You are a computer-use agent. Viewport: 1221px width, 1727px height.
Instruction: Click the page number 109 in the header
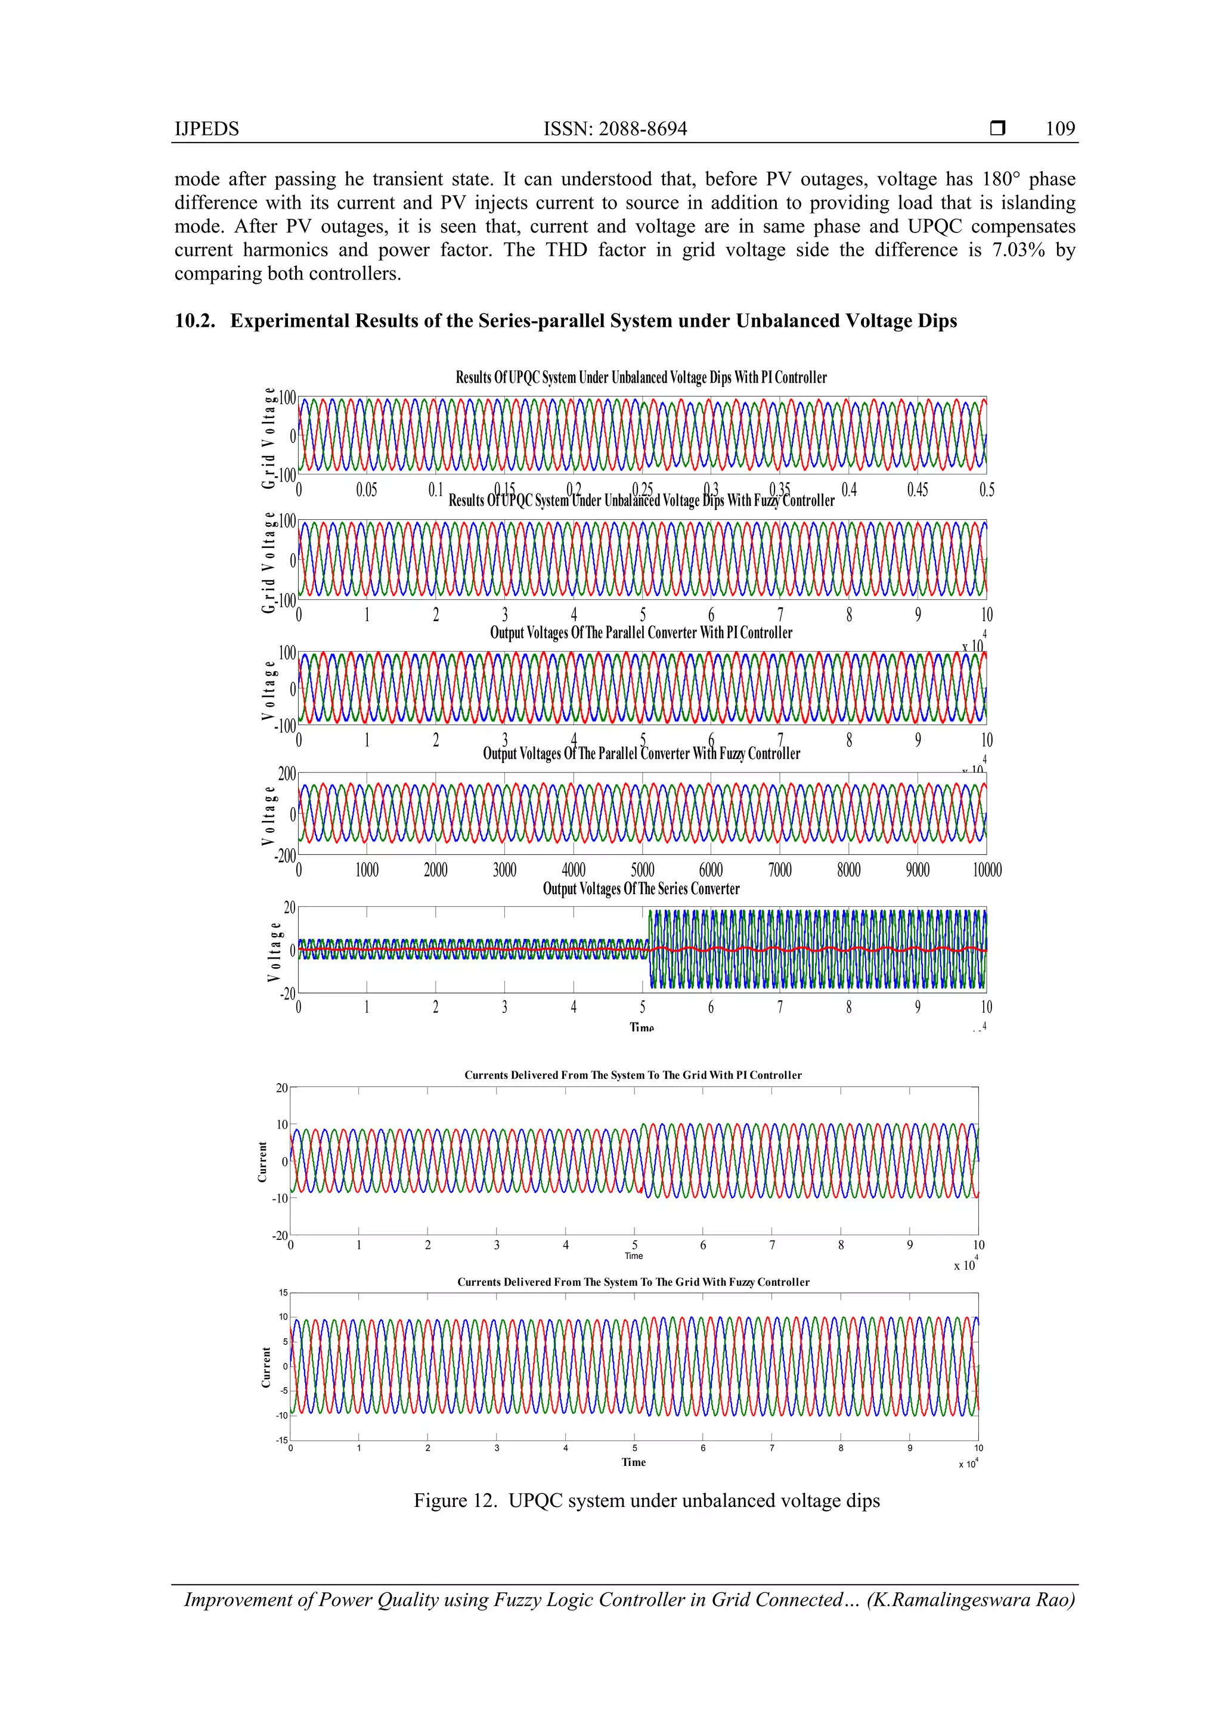[x=1060, y=129]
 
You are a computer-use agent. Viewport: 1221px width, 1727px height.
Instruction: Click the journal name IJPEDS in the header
[x=206, y=129]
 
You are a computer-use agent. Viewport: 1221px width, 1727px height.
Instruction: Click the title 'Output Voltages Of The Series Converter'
[x=641, y=888]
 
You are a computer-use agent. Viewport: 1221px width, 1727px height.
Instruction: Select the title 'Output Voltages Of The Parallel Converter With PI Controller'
[x=641, y=632]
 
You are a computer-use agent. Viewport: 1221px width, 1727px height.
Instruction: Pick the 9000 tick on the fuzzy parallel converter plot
[x=917, y=870]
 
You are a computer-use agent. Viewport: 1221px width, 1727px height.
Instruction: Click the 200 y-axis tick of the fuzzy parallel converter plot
[x=287, y=774]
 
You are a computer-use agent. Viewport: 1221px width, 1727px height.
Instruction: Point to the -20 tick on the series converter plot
[x=287, y=994]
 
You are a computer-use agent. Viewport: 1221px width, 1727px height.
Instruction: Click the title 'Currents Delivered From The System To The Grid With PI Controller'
[x=633, y=1075]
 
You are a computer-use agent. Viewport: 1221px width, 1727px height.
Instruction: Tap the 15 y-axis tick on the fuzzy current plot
[x=283, y=1292]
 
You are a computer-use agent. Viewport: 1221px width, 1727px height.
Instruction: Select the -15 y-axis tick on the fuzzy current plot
[x=281, y=1440]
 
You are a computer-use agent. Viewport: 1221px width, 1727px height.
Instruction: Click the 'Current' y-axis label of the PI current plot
[x=262, y=1161]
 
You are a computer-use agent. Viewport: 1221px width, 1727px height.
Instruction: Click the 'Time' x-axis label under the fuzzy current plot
[x=633, y=1462]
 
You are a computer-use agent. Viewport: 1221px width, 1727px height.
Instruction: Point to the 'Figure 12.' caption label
[x=456, y=1500]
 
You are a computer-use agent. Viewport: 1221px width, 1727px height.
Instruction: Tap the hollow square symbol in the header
[x=997, y=129]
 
